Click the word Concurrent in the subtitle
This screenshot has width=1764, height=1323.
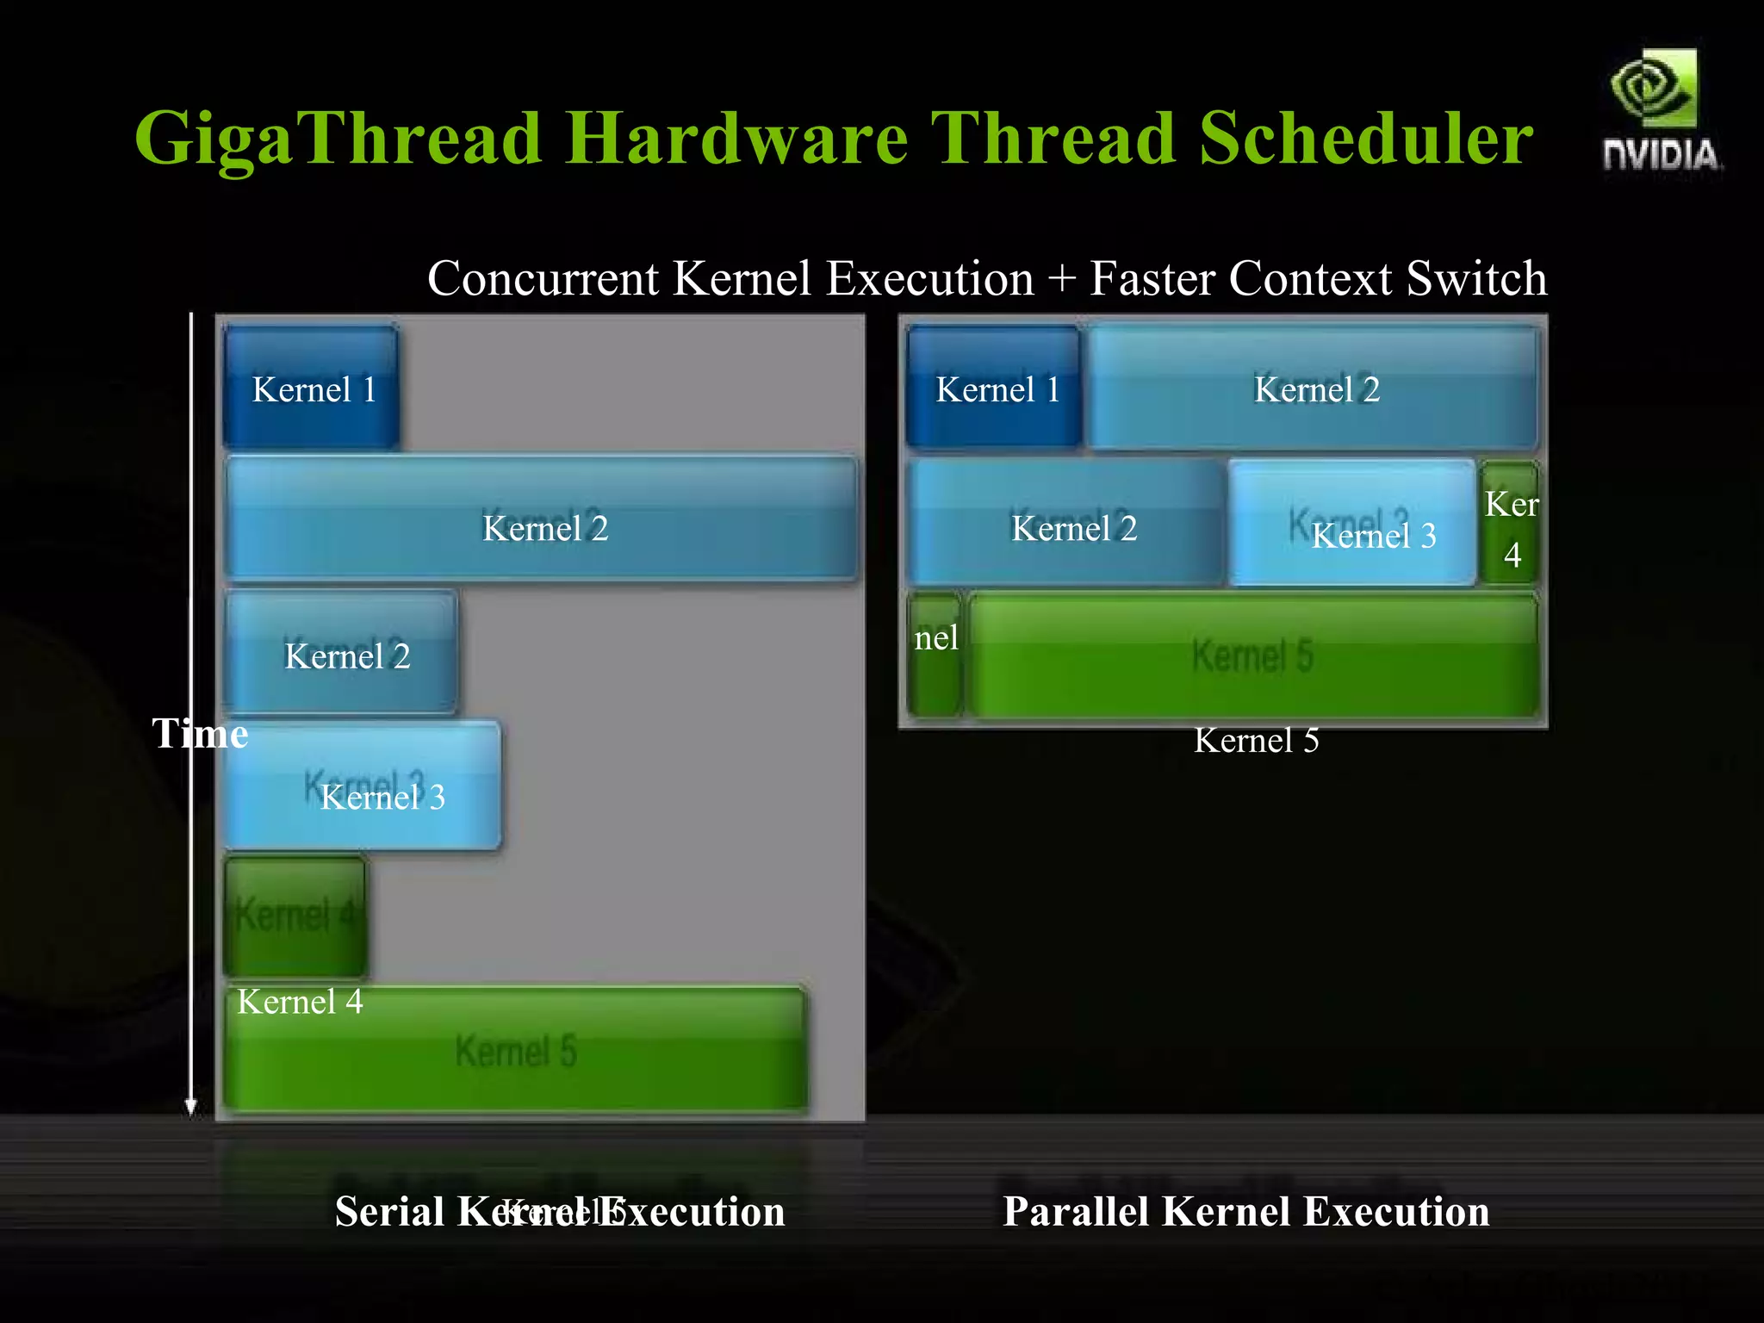tap(543, 279)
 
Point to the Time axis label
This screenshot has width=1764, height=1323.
tap(200, 734)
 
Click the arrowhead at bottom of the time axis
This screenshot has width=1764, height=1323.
tap(191, 1108)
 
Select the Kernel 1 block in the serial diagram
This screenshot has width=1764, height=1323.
tap(312, 388)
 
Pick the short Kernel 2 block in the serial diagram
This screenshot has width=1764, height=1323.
tap(341, 652)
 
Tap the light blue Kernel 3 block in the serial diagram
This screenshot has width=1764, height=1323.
tap(362, 786)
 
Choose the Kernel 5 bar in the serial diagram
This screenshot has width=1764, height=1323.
tap(515, 1049)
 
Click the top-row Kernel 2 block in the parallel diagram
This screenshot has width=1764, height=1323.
tap(1313, 388)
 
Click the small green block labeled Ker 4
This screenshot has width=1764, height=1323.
tap(1509, 524)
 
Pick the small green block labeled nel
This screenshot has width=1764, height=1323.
tap(935, 655)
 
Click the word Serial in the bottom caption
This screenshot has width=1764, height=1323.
tap(389, 1211)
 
